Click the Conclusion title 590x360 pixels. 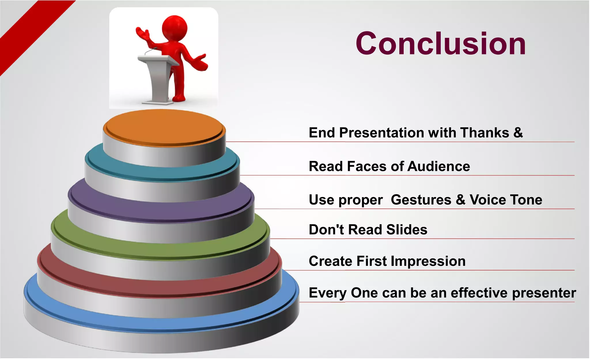tap(441, 44)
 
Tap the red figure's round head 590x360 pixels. tap(175, 28)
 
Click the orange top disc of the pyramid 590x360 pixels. tap(164, 127)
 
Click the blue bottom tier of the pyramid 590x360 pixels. tap(161, 323)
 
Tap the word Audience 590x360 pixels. tap(438, 167)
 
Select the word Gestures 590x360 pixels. tap(421, 200)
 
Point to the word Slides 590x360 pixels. tap(406, 230)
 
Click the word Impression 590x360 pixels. tap(428, 261)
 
